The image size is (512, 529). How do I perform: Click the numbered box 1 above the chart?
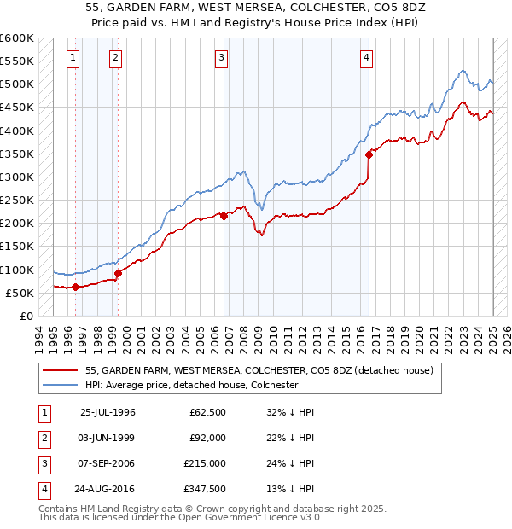coord(73,58)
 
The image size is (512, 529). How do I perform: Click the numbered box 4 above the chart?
coord(366,58)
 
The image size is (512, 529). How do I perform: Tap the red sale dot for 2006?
coord(224,216)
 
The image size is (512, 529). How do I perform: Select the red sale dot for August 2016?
coord(369,154)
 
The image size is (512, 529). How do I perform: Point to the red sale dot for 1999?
coord(118,273)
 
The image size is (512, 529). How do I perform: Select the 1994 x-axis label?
coord(39,339)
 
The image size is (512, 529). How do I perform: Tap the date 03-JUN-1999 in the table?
coord(107,438)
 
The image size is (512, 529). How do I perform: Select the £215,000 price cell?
coord(206,463)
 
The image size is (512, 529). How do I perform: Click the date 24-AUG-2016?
coord(107,489)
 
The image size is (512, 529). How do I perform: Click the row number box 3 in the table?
coord(44,463)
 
